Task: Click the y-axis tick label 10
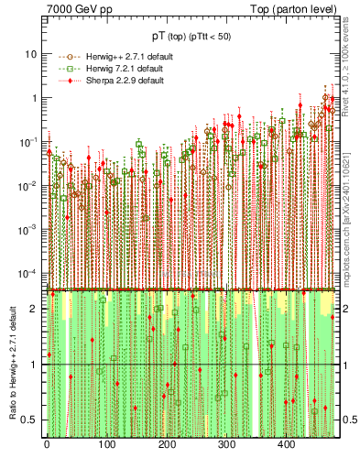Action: [x=31, y=53]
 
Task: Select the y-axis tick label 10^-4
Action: [x=27, y=273]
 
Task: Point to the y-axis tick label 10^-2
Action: [x=27, y=185]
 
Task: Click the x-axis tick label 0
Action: [x=47, y=445]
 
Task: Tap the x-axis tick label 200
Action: [x=167, y=445]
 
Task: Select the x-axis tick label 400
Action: [x=287, y=445]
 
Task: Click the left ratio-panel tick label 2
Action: [x=34, y=309]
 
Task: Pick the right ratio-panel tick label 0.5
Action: [x=350, y=420]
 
